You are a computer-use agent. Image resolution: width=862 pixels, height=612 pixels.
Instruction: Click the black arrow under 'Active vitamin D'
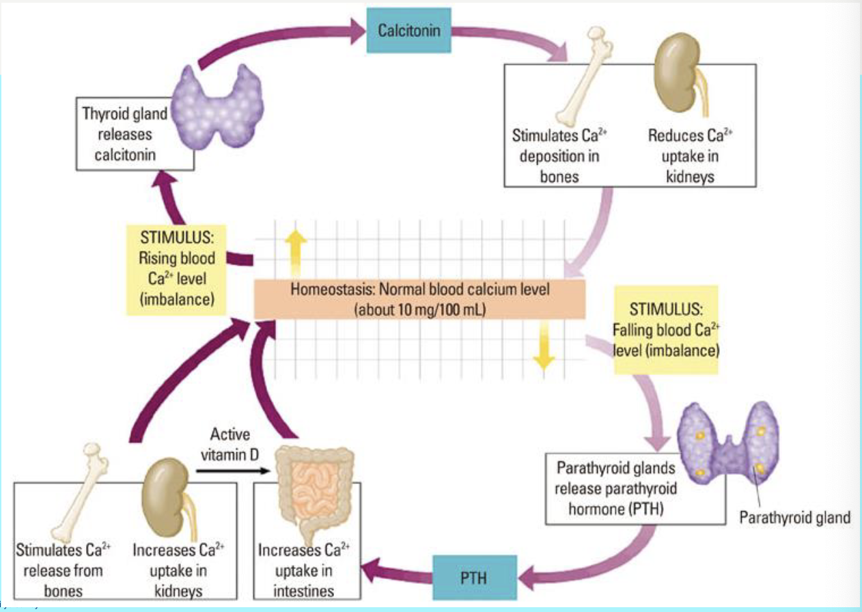[230, 471]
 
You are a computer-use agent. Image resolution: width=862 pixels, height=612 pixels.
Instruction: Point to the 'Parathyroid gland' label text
[794, 518]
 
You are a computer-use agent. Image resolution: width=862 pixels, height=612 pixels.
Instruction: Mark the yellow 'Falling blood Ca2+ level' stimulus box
[665, 329]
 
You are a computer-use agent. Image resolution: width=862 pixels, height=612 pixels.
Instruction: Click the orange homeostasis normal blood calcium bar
[419, 298]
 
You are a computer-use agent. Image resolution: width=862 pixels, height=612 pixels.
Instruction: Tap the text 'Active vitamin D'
[230, 443]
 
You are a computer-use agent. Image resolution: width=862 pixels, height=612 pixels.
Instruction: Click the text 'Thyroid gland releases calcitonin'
[124, 135]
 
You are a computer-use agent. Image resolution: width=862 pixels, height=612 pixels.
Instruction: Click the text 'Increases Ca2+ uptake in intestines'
[304, 570]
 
